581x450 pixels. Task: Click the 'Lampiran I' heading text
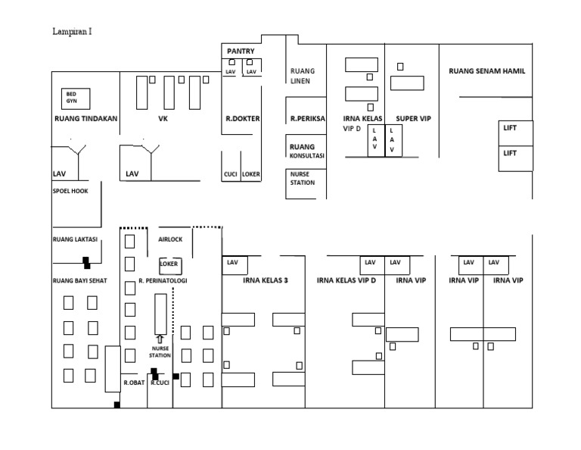click(x=73, y=32)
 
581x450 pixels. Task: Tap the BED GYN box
click(x=76, y=98)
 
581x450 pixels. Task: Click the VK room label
click(x=163, y=119)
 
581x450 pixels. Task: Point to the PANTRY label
click(x=241, y=52)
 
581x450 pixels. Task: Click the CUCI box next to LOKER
click(x=231, y=174)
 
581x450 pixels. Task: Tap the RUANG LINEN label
click(x=303, y=77)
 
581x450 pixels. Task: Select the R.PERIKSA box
click(x=307, y=119)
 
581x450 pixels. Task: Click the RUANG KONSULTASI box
click(x=306, y=151)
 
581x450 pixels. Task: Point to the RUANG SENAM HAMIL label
click(x=486, y=71)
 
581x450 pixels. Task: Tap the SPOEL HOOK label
click(x=70, y=191)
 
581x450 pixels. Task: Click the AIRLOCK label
click(x=170, y=239)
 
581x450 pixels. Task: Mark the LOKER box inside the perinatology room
click(x=169, y=265)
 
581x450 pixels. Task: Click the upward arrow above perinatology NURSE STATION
click(x=159, y=339)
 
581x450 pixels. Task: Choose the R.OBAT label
click(x=134, y=383)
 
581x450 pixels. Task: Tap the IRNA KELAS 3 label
click(x=266, y=280)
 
